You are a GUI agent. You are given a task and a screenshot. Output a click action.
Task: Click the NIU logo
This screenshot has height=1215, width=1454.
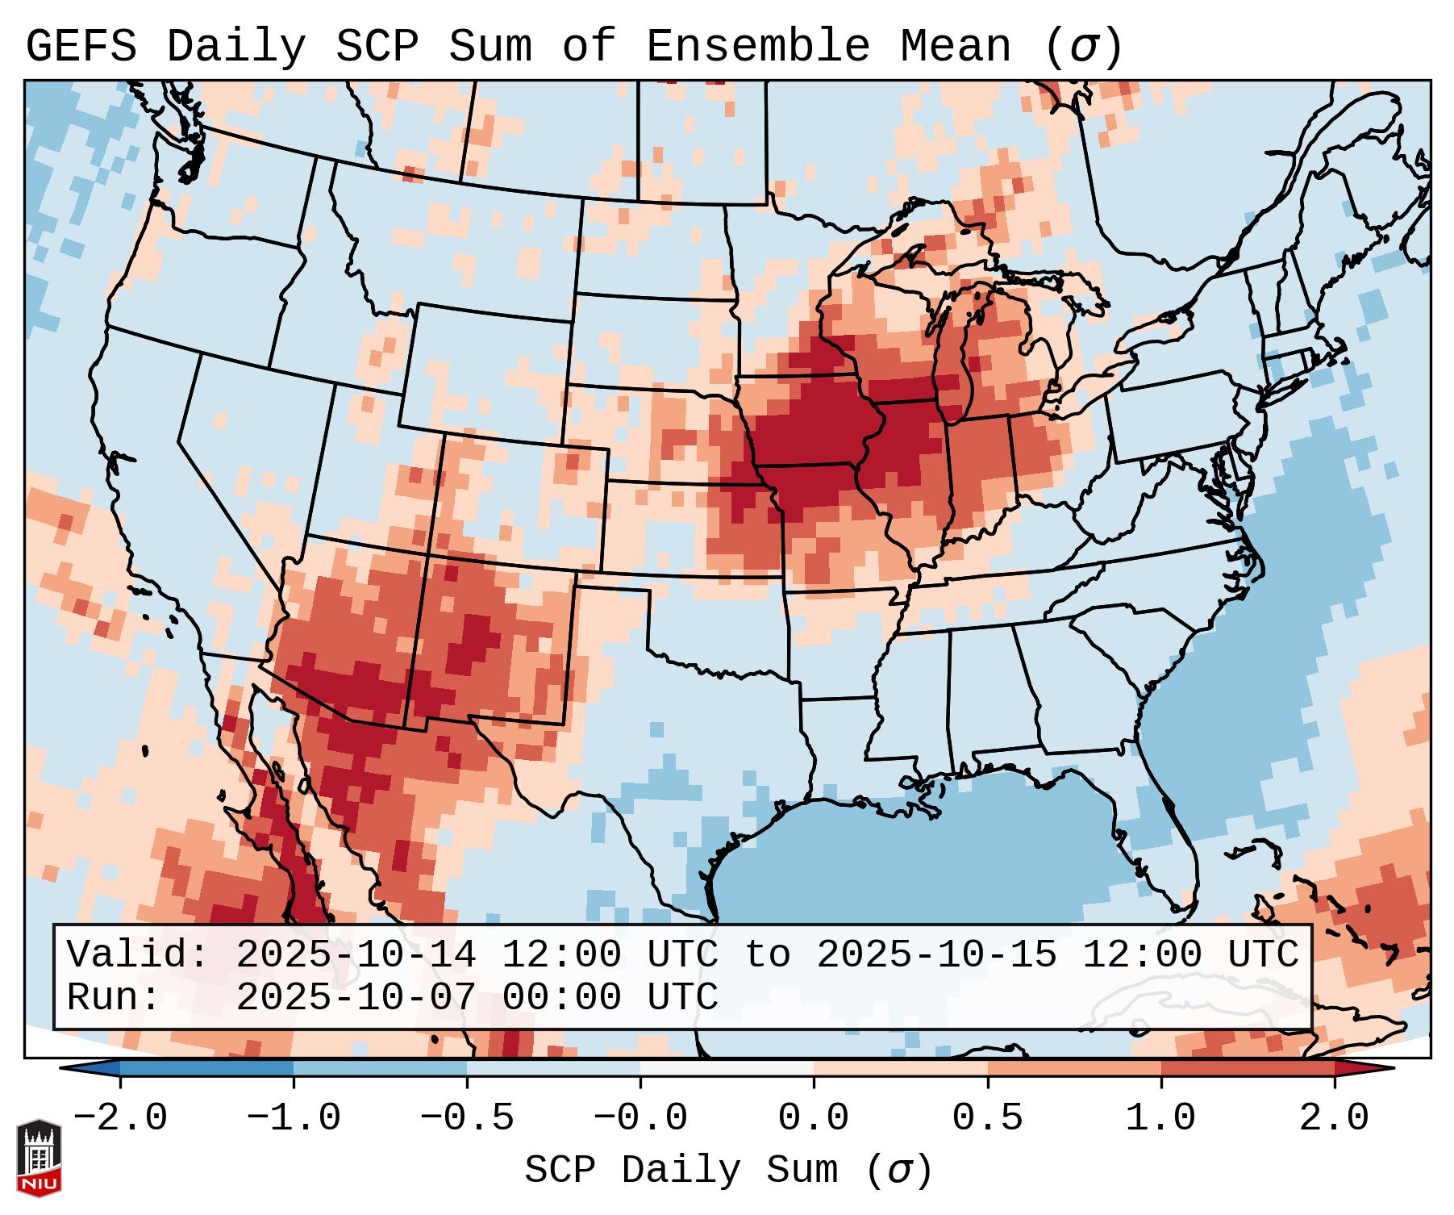coord(39,1158)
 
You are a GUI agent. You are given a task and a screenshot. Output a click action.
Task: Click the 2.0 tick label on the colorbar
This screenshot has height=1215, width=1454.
coord(1335,1118)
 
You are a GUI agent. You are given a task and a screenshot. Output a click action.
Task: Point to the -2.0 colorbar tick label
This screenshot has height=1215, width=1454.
coord(120,1118)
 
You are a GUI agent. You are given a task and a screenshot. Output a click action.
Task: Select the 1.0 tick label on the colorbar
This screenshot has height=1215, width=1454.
coord(1160,1118)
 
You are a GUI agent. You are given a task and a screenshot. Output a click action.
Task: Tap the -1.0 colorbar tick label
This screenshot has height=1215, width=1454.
coord(294,1118)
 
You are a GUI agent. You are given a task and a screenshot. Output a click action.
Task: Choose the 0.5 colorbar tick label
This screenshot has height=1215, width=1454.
coord(987,1118)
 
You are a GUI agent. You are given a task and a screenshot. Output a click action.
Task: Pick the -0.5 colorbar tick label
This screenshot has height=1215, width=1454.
coord(467,1118)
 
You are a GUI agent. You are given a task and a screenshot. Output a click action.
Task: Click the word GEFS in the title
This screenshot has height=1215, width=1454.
coord(81,46)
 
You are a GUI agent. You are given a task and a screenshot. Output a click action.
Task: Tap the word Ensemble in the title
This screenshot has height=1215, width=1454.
coord(758,46)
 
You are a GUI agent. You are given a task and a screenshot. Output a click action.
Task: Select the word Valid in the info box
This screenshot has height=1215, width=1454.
coord(137,954)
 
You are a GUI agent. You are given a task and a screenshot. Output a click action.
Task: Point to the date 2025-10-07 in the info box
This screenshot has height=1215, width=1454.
coord(356,997)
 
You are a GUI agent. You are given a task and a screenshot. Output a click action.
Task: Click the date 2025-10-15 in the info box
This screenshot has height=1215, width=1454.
coord(936,954)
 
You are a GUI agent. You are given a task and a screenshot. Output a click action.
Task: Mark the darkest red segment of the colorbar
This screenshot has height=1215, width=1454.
coord(1248,1068)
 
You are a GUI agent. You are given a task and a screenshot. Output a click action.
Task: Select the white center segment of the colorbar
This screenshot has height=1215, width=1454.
coord(727,1068)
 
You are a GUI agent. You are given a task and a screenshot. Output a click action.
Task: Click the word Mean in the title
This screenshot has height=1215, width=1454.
coord(956,46)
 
